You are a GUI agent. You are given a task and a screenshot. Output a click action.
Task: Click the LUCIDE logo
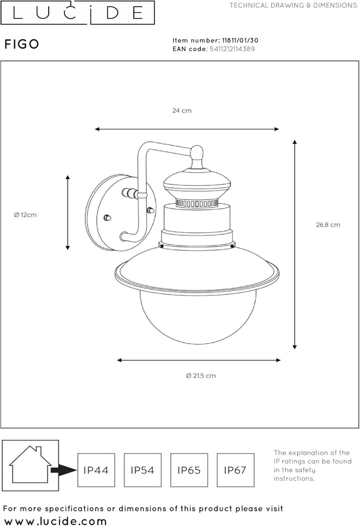(77, 13)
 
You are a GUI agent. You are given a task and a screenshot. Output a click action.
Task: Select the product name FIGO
(22, 44)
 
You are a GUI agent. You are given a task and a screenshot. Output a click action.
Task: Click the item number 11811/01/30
(240, 40)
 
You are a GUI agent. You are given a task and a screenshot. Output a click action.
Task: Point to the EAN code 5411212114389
(232, 49)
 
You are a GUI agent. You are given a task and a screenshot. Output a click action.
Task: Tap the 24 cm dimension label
(182, 111)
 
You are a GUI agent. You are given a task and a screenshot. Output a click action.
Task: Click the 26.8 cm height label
(328, 225)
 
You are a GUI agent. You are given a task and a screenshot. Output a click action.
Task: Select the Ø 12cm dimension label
(25, 215)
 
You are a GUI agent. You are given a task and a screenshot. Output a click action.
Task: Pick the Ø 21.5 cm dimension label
(201, 376)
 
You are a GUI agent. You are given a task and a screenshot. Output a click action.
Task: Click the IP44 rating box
(96, 470)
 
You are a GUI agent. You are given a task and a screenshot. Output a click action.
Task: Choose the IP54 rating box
(143, 470)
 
